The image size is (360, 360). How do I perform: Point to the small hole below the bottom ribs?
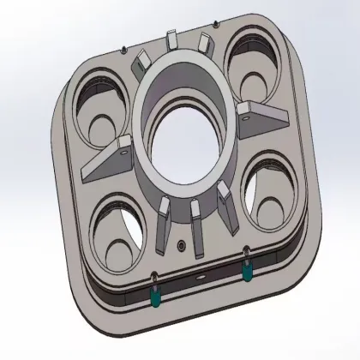tap(181, 245)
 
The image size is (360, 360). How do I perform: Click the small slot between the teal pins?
tap(201, 280)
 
